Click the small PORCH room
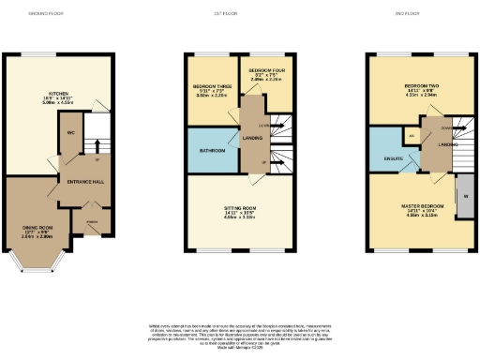(x=92, y=222)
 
